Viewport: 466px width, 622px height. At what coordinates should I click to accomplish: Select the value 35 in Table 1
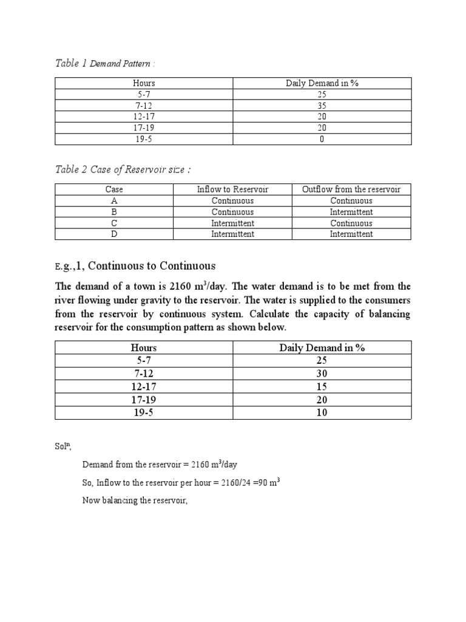pos(322,106)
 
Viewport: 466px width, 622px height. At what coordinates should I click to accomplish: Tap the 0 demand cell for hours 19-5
pos(322,138)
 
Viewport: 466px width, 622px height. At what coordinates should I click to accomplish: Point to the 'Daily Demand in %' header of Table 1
pos(322,83)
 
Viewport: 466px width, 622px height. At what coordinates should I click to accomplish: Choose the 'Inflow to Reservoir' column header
pos(232,190)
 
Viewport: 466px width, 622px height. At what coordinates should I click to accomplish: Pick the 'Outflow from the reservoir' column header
pos(351,190)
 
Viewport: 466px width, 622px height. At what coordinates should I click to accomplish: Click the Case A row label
pos(114,200)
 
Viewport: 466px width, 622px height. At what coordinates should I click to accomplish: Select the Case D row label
pos(114,234)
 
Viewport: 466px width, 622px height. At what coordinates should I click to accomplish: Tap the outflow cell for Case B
pos(351,212)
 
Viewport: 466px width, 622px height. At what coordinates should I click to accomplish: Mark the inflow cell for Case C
pos(232,223)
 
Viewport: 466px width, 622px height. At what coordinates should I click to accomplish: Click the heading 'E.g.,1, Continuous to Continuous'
pos(135,266)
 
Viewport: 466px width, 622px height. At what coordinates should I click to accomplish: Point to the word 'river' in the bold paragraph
pos(66,300)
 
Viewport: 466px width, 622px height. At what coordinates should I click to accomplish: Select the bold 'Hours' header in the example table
pos(144,347)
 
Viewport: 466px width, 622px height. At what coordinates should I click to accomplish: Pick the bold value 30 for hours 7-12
pos(322,374)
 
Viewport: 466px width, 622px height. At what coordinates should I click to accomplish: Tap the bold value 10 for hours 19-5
pos(322,412)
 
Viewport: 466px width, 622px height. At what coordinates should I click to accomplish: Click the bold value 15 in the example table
pos(322,386)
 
